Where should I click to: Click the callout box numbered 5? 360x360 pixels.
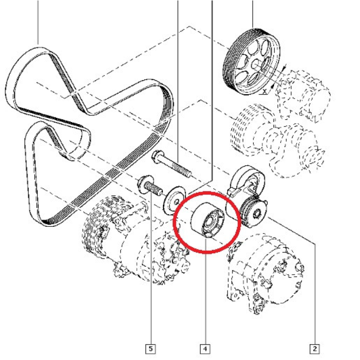pos(151,348)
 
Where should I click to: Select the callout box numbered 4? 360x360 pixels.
pos(205,348)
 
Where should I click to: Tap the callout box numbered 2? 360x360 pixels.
pos(315,348)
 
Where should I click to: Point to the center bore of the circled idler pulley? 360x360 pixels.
pos(210,221)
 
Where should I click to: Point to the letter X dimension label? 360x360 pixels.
pos(265,91)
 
